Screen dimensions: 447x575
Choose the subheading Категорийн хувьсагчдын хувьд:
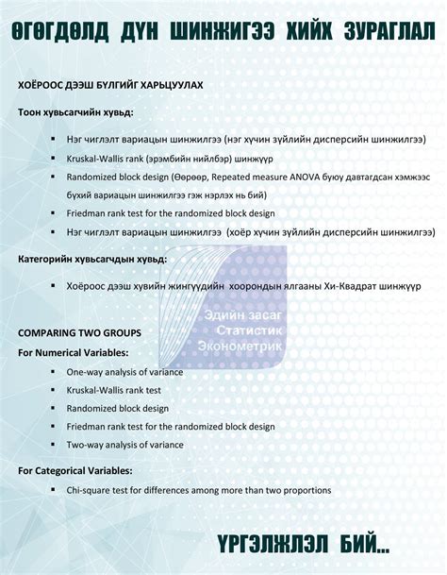[x=92, y=258]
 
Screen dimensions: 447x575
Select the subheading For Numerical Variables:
[x=74, y=353]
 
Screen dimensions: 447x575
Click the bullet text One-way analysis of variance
[x=124, y=372]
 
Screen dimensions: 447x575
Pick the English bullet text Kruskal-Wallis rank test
[x=113, y=390]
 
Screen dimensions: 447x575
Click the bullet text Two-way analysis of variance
[x=124, y=445]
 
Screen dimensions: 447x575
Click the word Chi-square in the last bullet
[x=91, y=491]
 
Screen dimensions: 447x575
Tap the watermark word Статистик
[x=249, y=331]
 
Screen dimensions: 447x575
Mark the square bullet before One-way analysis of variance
[x=53, y=371]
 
